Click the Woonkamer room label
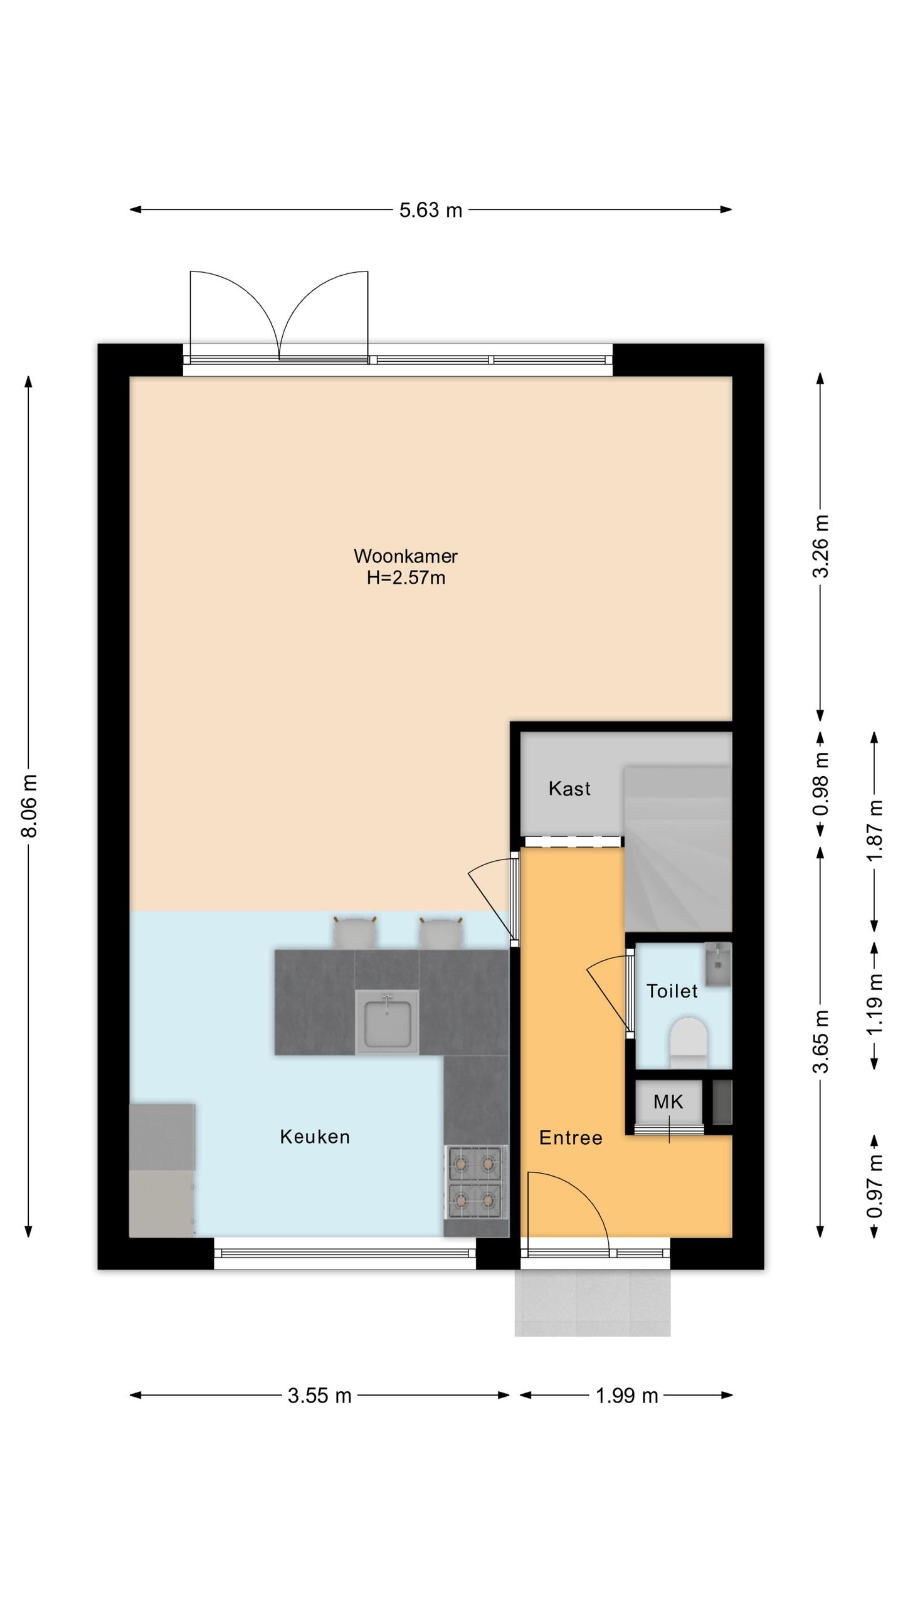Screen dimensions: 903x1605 pos(406,556)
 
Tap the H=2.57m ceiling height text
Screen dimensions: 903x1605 pos(406,577)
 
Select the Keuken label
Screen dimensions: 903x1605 pos(315,1137)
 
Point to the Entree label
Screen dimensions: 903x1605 pos(571,1138)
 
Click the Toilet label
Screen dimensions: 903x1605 pos(672,991)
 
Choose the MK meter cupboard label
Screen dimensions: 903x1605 pos(668,1102)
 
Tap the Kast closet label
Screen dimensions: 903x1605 pos(569,789)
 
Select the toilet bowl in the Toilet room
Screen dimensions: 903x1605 pos(689,1043)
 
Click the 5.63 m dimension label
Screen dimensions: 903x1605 pos(431,210)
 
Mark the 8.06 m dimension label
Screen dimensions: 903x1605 pos(29,806)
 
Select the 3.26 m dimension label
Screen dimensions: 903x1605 pos(821,546)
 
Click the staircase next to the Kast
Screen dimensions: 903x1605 pos(678,848)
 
